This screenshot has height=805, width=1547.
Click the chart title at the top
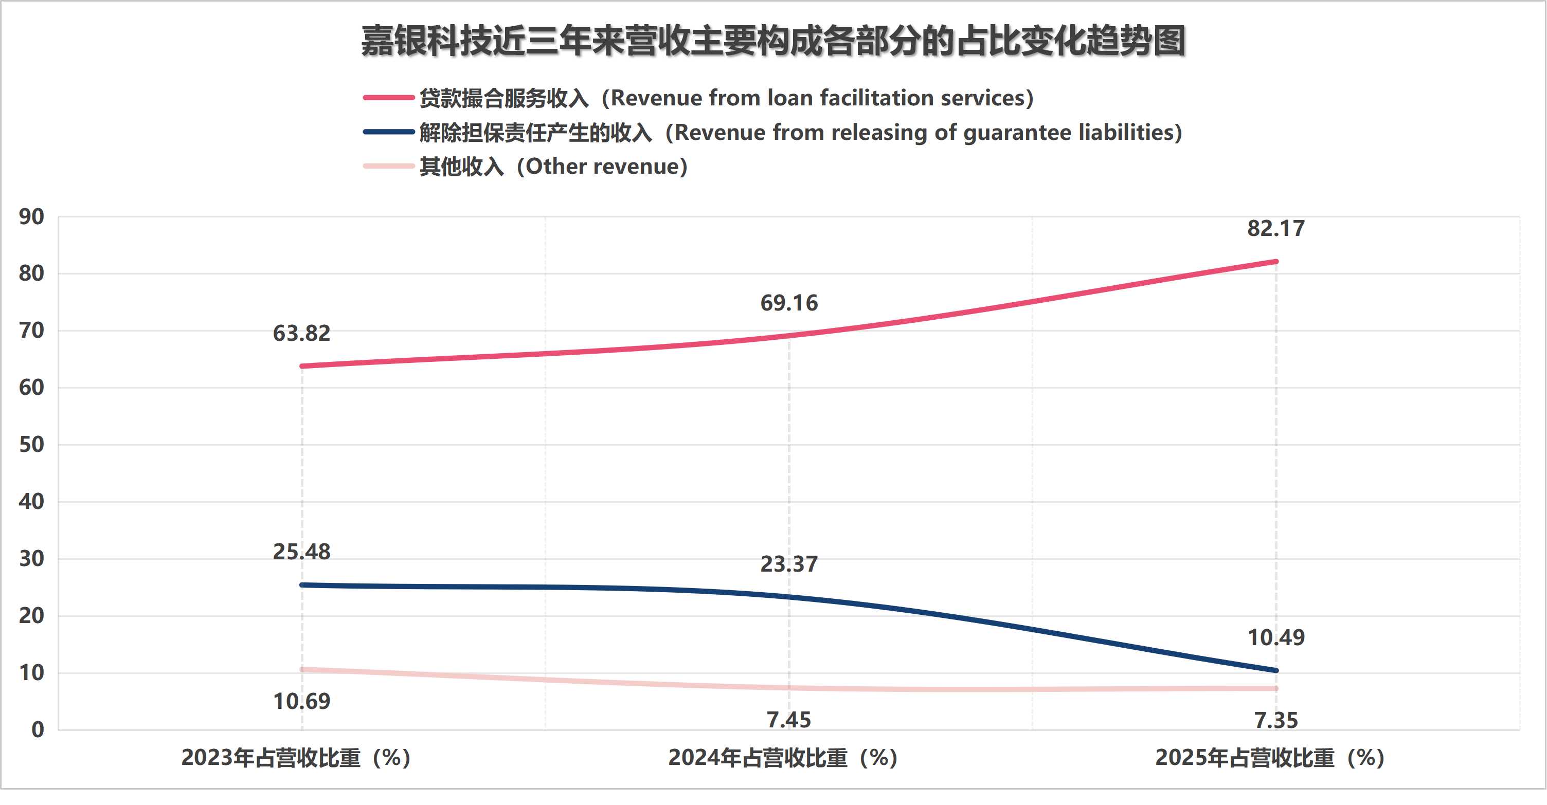click(773, 42)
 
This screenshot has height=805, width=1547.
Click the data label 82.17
click(1275, 229)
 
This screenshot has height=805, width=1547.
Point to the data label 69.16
click(788, 303)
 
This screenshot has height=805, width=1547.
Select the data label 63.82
click(301, 333)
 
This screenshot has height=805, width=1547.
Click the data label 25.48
click(301, 552)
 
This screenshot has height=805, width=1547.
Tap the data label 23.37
click(788, 564)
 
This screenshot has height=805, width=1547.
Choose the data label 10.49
click(1275, 637)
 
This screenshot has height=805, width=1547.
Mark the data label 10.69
click(301, 701)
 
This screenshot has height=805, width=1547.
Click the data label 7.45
click(788, 720)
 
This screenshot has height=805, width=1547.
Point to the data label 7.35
click(1275, 720)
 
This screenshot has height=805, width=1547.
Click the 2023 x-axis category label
click(296, 758)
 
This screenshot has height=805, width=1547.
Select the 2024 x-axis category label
click(783, 758)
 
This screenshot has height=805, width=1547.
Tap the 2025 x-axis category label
click(1270, 758)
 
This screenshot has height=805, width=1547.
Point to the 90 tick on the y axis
click(31, 217)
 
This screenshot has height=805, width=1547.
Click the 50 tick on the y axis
click(31, 445)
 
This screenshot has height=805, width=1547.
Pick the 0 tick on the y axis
click(37, 730)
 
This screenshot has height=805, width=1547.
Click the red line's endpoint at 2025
click(1275, 262)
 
